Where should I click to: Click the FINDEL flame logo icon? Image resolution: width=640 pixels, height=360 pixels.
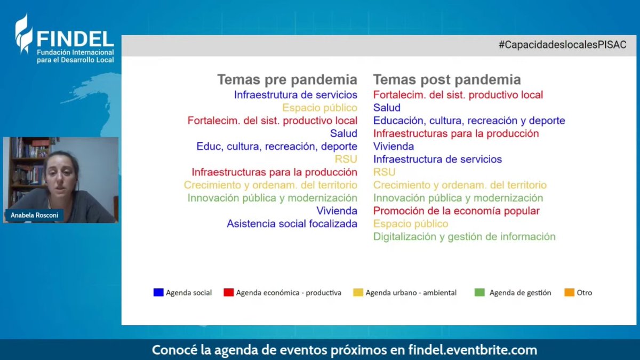pyautogui.click(x=23, y=34)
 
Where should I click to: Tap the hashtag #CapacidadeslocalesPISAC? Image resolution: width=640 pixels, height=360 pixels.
pyautogui.click(x=562, y=45)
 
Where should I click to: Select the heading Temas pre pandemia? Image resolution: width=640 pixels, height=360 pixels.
pyautogui.click(x=287, y=80)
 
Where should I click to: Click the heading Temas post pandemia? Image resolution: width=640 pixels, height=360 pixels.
pyautogui.click(x=447, y=80)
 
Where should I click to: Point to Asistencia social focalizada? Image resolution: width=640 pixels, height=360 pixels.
pyautogui.click(x=292, y=224)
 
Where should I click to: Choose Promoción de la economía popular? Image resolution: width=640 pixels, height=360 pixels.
pyautogui.click(x=457, y=211)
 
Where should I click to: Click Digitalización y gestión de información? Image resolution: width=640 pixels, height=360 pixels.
pyautogui.click(x=464, y=237)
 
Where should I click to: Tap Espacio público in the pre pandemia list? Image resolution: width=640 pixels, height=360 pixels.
pyautogui.click(x=319, y=108)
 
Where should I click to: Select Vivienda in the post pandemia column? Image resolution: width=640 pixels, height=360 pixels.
pyautogui.click(x=394, y=146)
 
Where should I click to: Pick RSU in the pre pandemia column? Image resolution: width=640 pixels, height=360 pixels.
pyautogui.click(x=346, y=159)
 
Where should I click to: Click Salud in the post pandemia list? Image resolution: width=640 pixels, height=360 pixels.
pyautogui.click(x=387, y=108)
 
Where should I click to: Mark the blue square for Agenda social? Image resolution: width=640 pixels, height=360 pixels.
pyautogui.click(x=158, y=292)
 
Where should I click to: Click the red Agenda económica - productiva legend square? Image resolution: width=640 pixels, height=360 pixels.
pyautogui.click(x=228, y=292)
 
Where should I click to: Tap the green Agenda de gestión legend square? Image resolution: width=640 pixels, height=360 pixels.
pyautogui.click(x=479, y=292)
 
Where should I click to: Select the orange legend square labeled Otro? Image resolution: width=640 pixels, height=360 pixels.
pyautogui.click(x=569, y=292)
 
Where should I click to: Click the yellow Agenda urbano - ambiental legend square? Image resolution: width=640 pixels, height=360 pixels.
pyautogui.click(x=358, y=292)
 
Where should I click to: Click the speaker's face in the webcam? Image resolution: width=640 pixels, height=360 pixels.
pyautogui.click(x=61, y=173)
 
